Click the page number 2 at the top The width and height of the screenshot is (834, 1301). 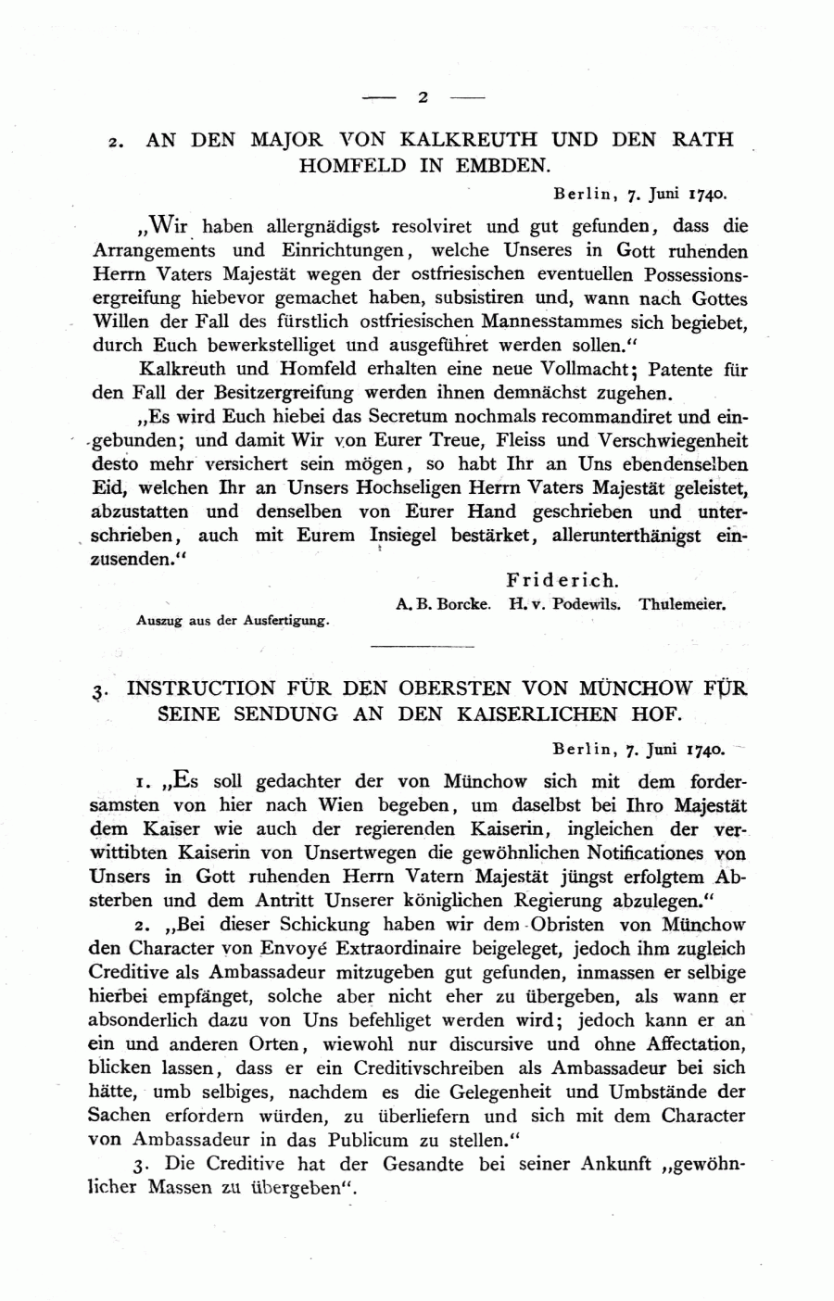423,96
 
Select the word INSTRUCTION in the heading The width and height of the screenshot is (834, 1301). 201,688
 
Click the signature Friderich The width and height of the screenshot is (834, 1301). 561,581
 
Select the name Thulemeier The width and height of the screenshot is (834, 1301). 682,603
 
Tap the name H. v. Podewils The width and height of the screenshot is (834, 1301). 564,603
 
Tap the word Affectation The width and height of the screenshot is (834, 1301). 687,1044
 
